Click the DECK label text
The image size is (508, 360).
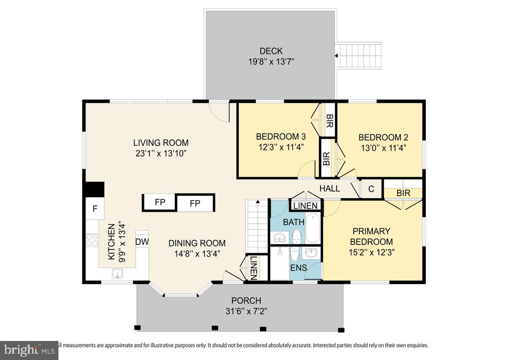coord(271,51)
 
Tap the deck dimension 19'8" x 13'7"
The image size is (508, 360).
coord(271,61)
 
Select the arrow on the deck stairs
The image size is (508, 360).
coord(337,55)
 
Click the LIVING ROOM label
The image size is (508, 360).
coord(161,143)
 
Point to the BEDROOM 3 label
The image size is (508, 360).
coord(281,137)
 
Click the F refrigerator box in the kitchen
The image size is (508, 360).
coord(95,208)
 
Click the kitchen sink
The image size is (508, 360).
coord(117,274)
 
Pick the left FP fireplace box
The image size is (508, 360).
coord(160,202)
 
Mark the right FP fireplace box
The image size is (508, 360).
coord(195,203)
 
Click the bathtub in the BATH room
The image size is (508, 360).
coord(314,228)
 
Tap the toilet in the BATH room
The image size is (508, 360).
coord(297,235)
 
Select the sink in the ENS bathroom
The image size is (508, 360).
coord(312,253)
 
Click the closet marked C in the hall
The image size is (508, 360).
coord(371,189)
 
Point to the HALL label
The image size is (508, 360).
coord(329,188)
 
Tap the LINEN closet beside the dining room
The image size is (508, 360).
coord(253,268)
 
